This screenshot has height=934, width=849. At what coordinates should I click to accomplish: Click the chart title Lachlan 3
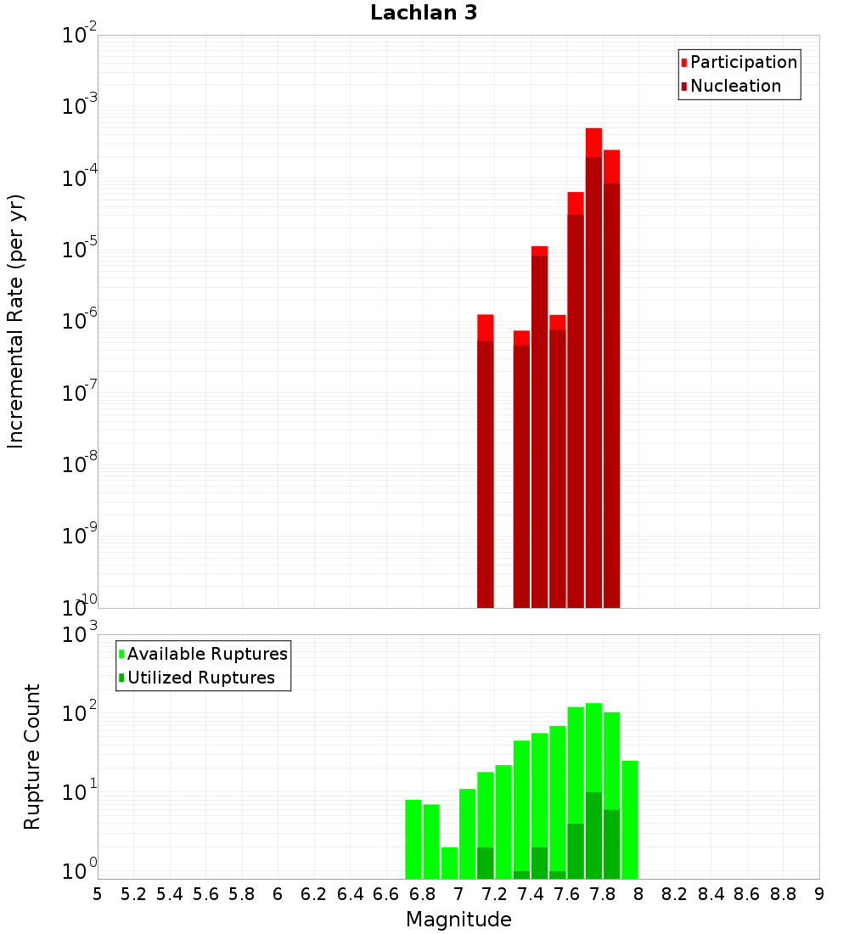coord(424,13)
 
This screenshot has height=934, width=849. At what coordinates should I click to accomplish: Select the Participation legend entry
coord(739,62)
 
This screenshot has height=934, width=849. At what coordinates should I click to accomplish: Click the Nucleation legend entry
coord(731,86)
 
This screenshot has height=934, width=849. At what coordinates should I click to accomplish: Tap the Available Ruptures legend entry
coord(203,654)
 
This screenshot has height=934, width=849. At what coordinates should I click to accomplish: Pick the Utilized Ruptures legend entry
coord(197,678)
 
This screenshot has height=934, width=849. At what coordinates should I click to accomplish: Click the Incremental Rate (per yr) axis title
coord(15,322)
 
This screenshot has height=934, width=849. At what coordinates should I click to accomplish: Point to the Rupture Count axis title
coord(31,757)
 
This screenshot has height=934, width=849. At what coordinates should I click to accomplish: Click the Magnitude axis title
coord(458,920)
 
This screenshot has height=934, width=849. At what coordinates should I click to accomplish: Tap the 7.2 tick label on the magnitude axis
coord(494,894)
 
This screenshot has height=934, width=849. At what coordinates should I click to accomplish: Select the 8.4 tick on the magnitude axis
coord(711,894)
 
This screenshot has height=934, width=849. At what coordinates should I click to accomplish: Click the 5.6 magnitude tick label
coord(205,894)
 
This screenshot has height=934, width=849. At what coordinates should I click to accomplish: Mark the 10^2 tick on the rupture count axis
coord(79,712)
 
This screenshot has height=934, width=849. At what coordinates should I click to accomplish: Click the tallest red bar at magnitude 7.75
coord(593,369)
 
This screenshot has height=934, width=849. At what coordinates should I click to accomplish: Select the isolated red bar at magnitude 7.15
coord(486,461)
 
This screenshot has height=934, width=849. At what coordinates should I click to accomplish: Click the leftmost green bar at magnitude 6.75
coord(413,839)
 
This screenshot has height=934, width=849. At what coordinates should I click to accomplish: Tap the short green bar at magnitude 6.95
coord(449,864)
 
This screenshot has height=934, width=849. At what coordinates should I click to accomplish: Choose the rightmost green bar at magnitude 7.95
coord(630,819)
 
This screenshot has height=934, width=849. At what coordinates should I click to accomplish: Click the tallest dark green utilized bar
coord(593,836)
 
